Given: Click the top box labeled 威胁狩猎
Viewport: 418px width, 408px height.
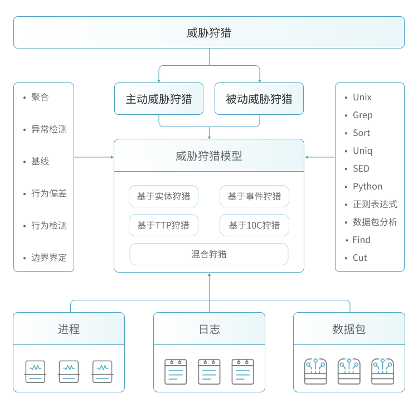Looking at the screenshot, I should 209,32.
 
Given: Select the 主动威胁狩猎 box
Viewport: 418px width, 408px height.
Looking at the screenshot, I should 159,99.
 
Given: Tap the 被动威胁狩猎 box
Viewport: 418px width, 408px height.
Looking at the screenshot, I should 259,99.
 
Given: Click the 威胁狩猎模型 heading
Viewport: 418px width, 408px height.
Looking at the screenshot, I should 209,156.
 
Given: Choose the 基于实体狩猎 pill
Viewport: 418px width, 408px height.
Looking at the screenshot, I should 164,196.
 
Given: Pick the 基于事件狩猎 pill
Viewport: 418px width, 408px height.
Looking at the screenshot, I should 254,196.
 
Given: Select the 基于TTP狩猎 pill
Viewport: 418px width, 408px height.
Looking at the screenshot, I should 164,225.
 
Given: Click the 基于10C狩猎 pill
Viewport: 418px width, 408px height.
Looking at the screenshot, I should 254,225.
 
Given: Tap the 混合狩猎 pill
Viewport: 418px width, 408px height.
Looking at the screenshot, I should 209,254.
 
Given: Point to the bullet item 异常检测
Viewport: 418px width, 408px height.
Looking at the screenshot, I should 48,129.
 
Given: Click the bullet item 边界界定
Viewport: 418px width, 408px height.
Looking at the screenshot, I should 48,258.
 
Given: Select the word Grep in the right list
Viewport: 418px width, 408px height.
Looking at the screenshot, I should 362,115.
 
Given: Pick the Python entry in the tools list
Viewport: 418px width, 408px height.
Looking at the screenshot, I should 367,186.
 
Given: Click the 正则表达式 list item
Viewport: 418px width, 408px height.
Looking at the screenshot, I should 375,204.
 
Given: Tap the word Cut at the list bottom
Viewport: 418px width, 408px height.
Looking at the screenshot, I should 359,258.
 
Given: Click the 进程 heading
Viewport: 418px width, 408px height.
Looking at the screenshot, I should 69,329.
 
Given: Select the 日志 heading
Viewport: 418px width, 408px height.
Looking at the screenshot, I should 209,329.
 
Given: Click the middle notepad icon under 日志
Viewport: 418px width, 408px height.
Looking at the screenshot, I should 209,371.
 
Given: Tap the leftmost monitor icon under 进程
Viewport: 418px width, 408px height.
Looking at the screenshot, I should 35,371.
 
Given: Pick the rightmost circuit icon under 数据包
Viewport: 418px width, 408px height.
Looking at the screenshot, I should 382,371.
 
